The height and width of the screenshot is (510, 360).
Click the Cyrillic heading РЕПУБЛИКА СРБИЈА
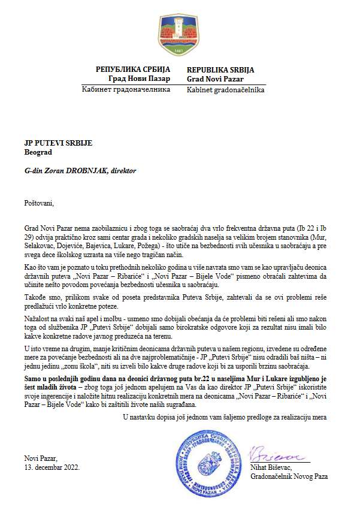(133, 70)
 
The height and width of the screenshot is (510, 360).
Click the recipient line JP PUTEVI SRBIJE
(59, 143)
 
